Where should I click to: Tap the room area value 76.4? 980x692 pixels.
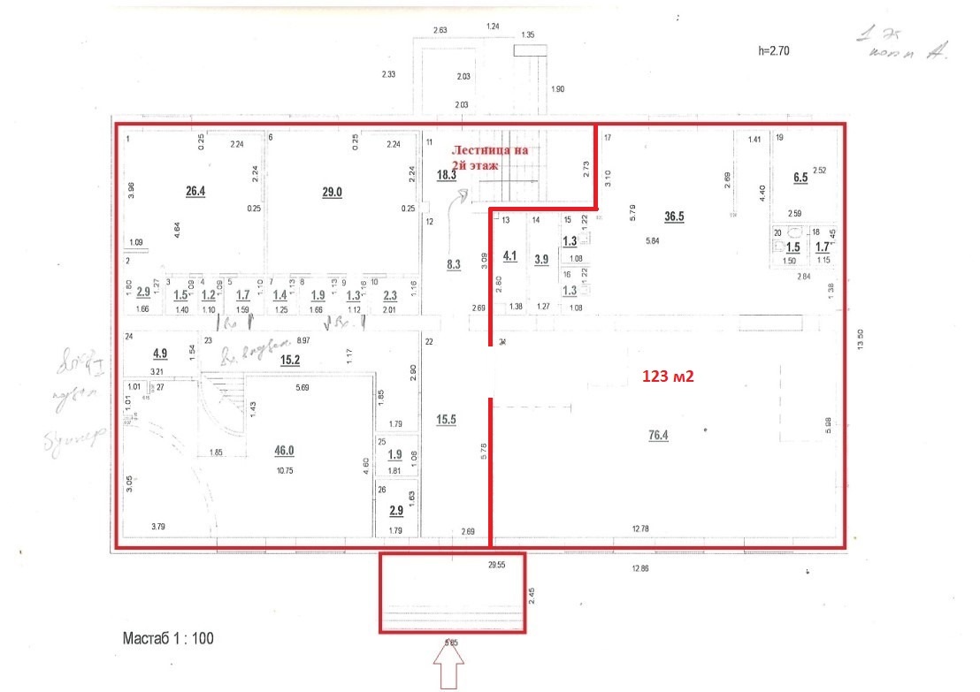(x=659, y=435)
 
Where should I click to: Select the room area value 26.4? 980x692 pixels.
(x=195, y=192)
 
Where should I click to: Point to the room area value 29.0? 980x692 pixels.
(x=332, y=192)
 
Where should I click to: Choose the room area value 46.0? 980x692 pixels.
(x=283, y=451)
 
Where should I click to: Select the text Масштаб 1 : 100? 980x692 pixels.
(x=167, y=637)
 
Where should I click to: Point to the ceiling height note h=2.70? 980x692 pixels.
(x=773, y=51)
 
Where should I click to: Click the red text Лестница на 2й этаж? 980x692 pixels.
(x=490, y=157)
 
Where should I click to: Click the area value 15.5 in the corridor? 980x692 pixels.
(x=446, y=421)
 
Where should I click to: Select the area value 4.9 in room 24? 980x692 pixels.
(x=160, y=354)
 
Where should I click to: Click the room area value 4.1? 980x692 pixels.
(x=509, y=256)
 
